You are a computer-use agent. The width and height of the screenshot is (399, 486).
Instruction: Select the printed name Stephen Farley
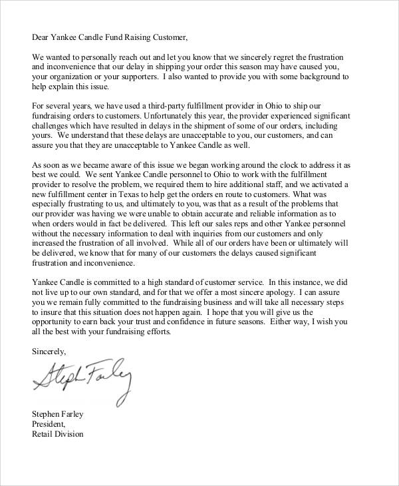click(58, 413)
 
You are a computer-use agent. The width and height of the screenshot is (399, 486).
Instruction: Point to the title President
click(49, 424)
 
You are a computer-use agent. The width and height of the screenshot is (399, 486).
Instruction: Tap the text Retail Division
click(58, 435)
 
